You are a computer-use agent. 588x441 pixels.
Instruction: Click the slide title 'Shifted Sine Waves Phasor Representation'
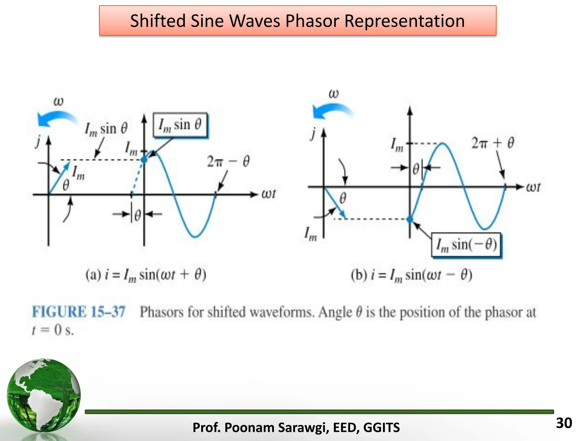(x=297, y=21)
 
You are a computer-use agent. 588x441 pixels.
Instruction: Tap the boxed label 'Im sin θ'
(x=180, y=125)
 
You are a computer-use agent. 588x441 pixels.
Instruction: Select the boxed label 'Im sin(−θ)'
(x=467, y=245)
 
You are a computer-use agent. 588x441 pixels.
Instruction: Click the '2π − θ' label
(x=228, y=162)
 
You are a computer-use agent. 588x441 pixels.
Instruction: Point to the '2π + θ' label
(x=493, y=143)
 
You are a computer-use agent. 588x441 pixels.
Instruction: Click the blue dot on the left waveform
(x=144, y=160)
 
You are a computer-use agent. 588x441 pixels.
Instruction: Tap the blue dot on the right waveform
(x=410, y=219)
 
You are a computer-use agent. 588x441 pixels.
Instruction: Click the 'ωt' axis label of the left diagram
(x=268, y=194)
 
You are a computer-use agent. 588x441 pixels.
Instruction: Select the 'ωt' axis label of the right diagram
(x=533, y=187)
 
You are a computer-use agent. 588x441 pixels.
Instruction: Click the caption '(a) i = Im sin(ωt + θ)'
(x=146, y=275)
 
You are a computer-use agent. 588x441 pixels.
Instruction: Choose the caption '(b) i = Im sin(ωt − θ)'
(x=411, y=275)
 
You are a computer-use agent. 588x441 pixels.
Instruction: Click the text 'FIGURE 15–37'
(x=79, y=312)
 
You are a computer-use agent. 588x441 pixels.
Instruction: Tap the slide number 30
(x=564, y=423)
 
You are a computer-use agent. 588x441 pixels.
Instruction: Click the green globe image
(x=44, y=396)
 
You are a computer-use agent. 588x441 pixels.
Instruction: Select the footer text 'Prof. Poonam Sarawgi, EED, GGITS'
(x=296, y=428)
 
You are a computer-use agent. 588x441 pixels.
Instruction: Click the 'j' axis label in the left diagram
(x=37, y=141)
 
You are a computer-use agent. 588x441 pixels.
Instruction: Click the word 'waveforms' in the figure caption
(x=282, y=312)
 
